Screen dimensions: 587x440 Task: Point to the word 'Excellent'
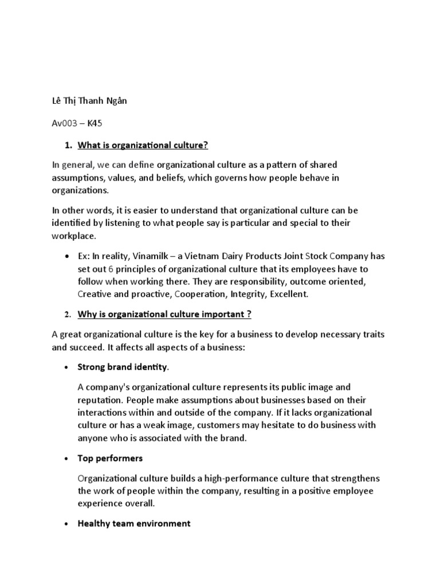click(x=289, y=293)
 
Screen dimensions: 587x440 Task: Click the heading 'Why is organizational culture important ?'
click(x=164, y=315)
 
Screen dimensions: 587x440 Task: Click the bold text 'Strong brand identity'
click(x=122, y=366)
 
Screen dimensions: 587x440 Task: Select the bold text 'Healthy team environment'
click(x=133, y=523)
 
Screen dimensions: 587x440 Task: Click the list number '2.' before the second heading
click(x=66, y=315)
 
